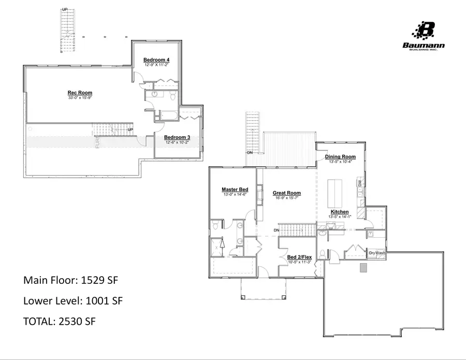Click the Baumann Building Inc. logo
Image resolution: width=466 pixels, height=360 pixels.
coord(424,36)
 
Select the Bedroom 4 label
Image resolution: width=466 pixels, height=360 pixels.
coord(156,60)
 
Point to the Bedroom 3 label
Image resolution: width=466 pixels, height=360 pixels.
coord(178,137)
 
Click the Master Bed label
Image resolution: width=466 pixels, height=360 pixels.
coord(234,190)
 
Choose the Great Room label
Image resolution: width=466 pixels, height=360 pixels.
coord(287,193)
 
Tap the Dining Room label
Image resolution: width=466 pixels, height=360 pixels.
coord(340,156)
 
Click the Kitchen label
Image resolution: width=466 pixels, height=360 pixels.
coord(340,212)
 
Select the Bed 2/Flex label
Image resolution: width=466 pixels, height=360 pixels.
coord(299,257)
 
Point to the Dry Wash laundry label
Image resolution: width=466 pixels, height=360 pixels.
coord(376,253)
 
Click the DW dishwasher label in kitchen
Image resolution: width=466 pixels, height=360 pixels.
coord(359,184)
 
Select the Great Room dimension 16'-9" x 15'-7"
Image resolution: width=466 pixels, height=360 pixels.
coord(287,198)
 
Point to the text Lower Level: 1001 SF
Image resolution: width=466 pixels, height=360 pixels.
coord(73,300)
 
